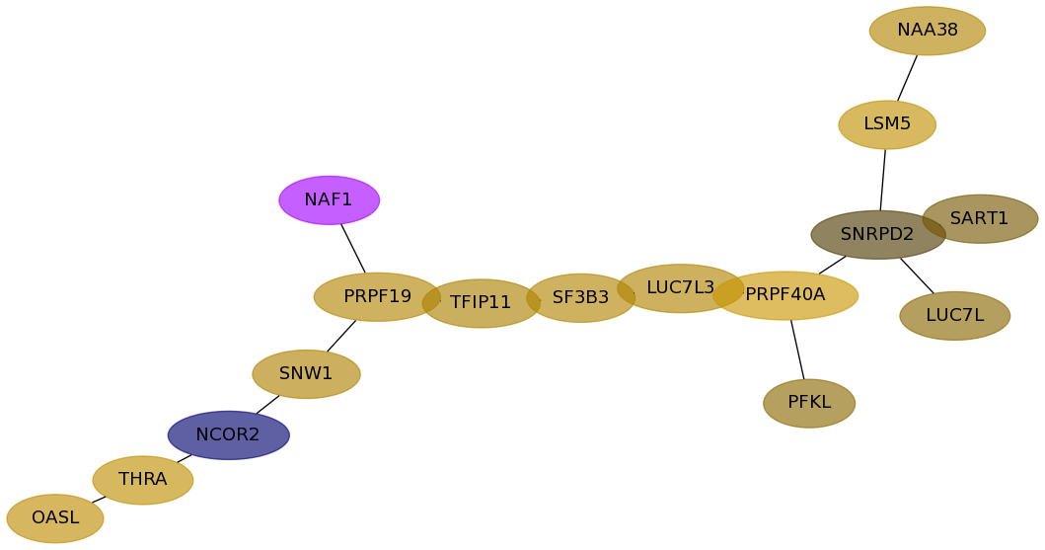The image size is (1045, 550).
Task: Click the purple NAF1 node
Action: [x=329, y=200]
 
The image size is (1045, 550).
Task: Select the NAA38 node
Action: [x=927, y=31]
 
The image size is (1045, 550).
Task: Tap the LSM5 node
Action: [x=887, y=124]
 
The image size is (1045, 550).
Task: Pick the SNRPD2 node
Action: [x=872, y=235]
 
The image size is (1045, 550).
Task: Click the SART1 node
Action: [x=983, y=218]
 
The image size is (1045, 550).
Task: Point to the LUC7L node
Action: [x=954, y=316]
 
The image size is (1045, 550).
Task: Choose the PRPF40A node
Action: [x=789, y=295]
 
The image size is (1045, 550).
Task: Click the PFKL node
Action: [x=808, y=403]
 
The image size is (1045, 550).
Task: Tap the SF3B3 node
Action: [x=580, y=298]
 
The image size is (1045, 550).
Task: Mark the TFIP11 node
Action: [x=481, y=303]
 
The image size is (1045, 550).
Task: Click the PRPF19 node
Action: [x=376, y=297]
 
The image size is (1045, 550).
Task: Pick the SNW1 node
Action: [x=306, y=374]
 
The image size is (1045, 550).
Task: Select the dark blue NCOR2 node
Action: [x=228, y=435]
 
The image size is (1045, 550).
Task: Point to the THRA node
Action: [x=142, y=480]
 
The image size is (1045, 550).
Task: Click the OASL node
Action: [x=55, y=518]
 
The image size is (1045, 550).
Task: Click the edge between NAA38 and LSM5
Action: [x=907, y=78]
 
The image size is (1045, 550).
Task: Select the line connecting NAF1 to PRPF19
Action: [x=353, y=249]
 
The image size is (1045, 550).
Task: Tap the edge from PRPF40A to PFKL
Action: [x=797, y=350]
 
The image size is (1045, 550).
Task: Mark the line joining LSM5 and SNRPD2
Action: [x=883, y=180]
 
